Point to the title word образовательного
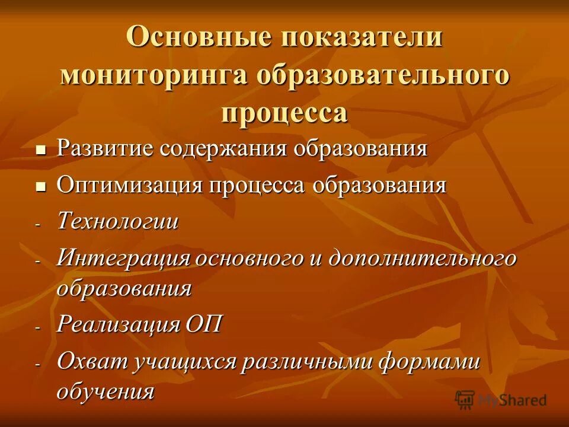pyautogui.click(x=383, y=75)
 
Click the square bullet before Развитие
pyautogui.click(x=40, y=149)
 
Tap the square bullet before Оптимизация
pyautogui.click(x=40, y=186)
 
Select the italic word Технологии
pyautogui.click(x=117, y=222)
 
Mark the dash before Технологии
pyautogui.click(x=38, y=225)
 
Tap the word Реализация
pyautogui.click(x=119, y=324)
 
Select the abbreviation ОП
pyautogui.click(x=204, y=324)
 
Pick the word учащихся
pyautogui.click(x=178, y=362)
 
